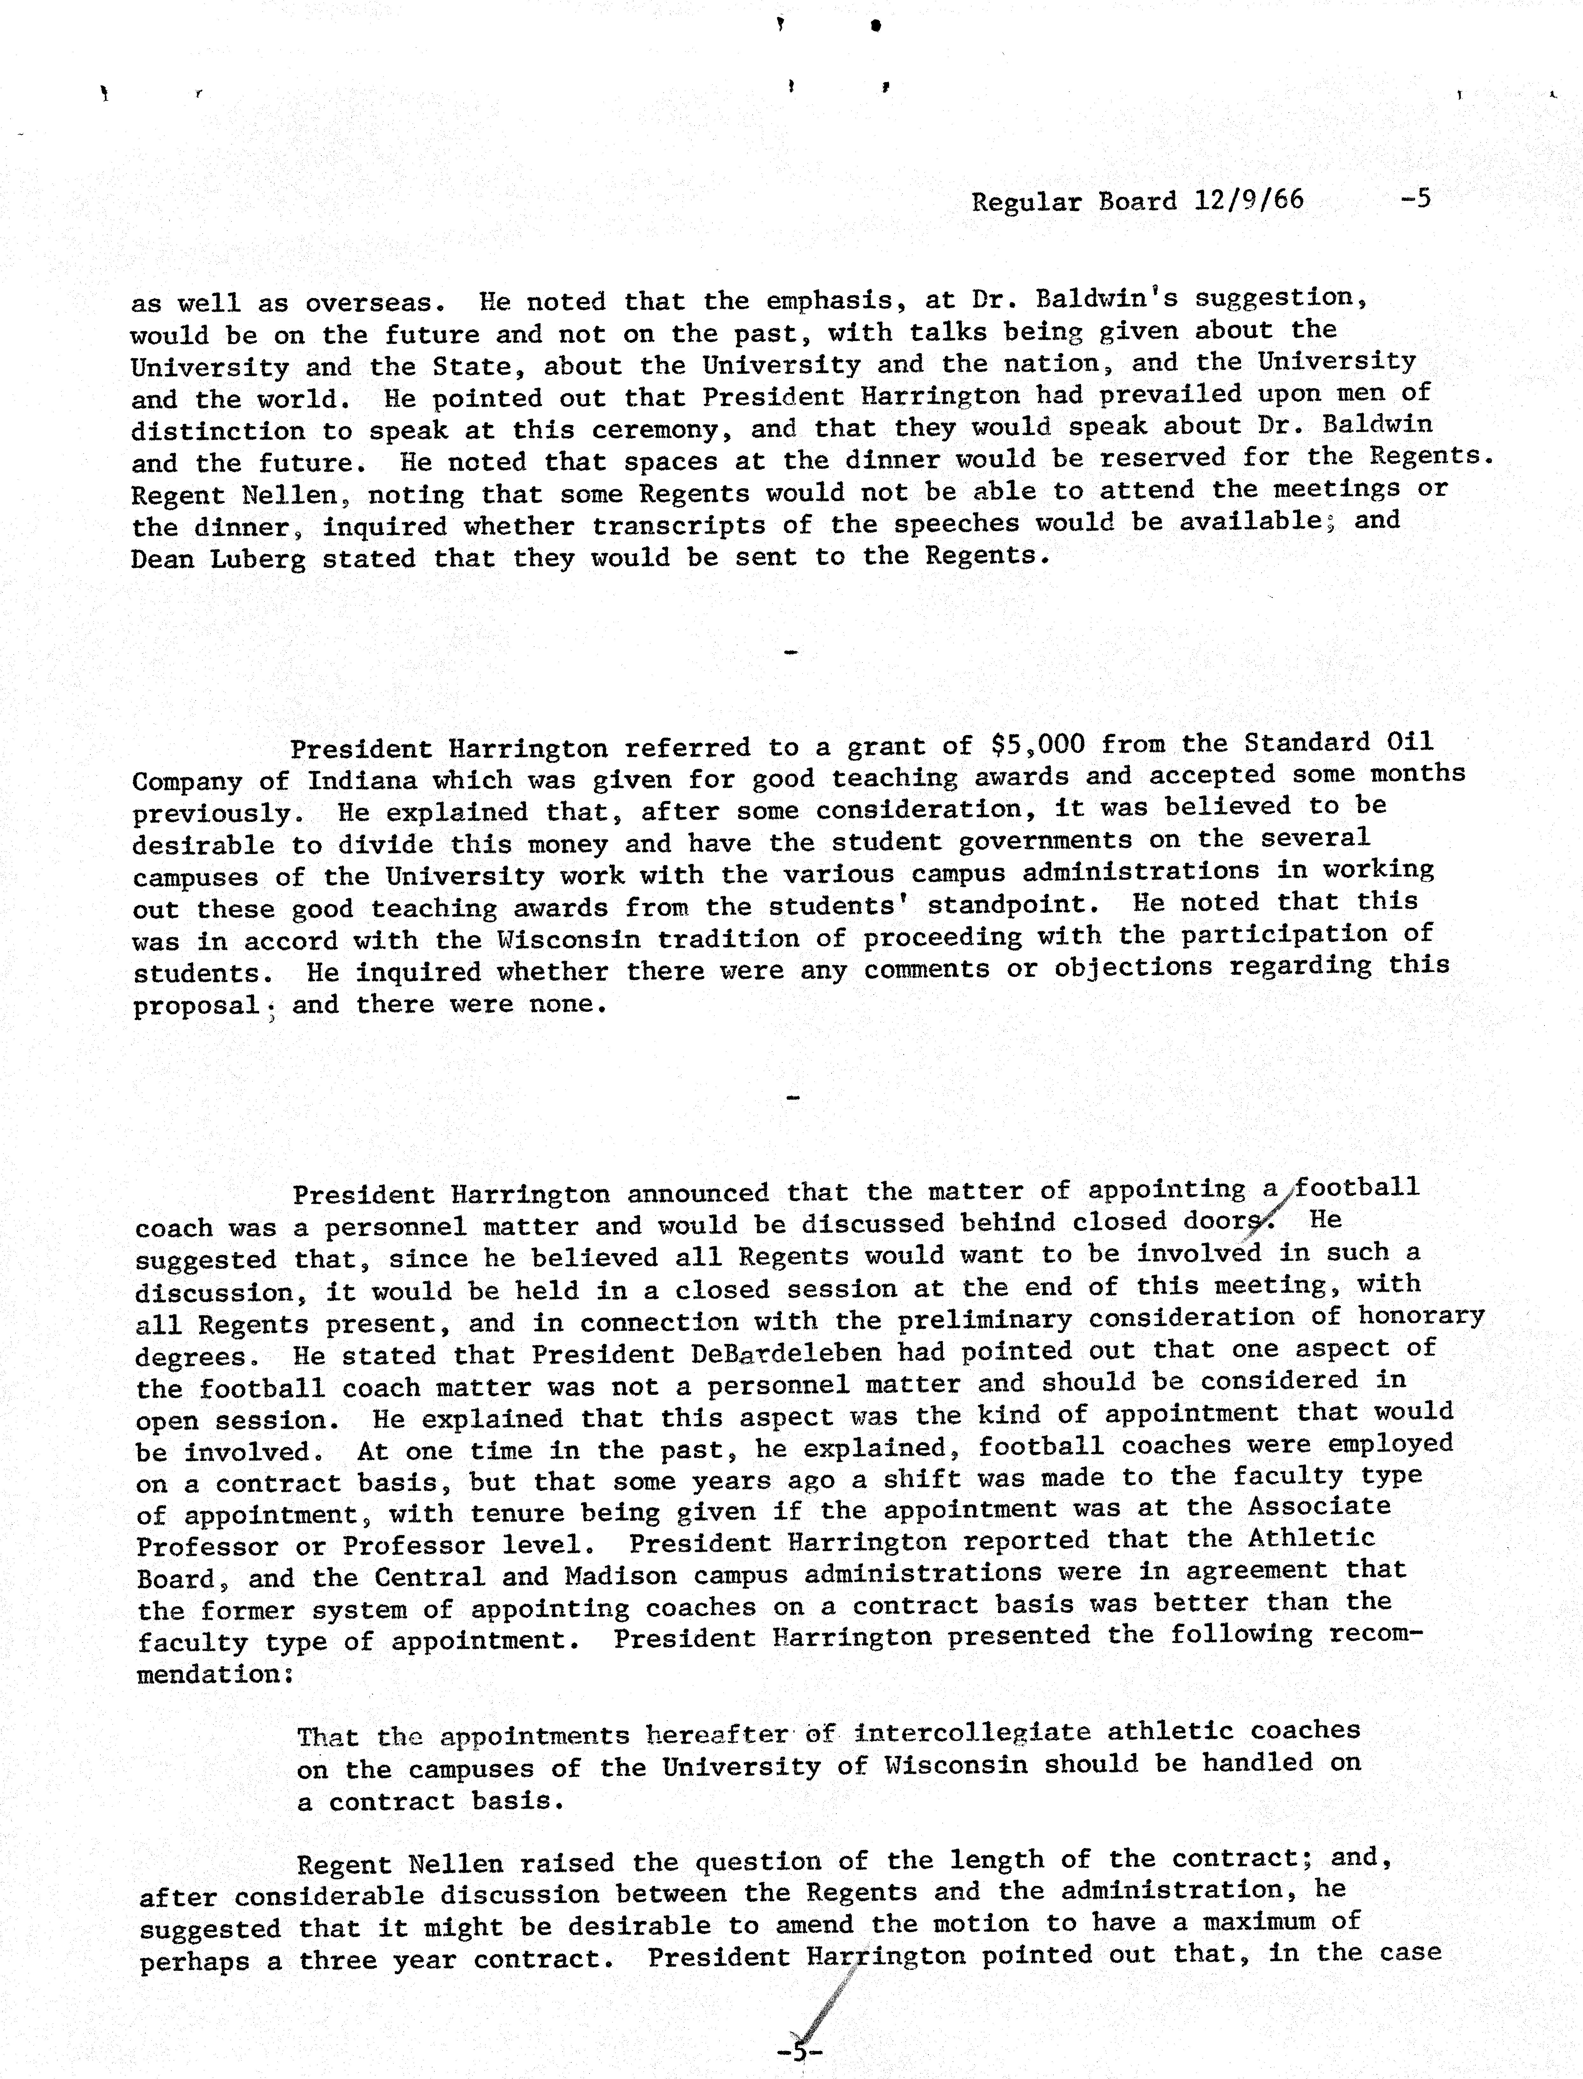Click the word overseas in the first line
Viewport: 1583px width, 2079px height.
pos(368,303)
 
